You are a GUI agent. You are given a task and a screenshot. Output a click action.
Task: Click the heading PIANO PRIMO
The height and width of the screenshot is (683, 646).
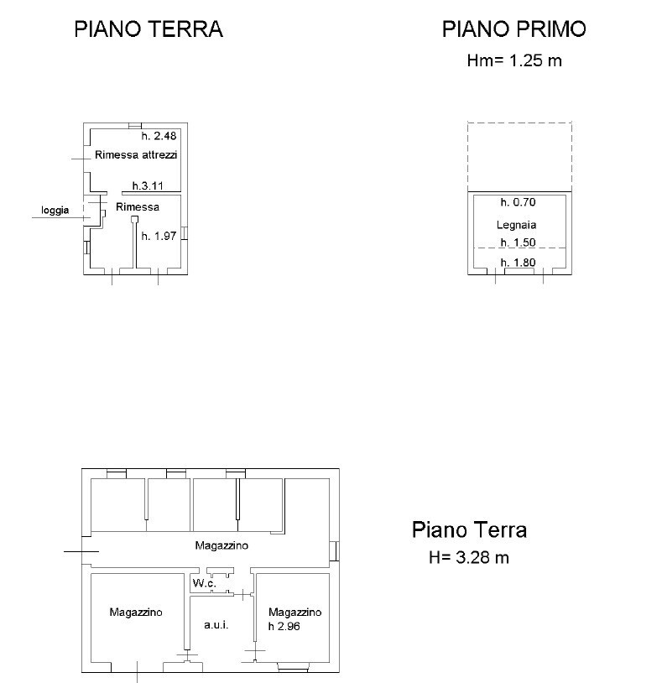coord(513,29)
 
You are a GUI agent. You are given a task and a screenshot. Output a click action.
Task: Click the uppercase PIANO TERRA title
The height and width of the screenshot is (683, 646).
coord(148,29)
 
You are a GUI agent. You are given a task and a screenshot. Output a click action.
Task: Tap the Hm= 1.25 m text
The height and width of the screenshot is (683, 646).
coord(514,61)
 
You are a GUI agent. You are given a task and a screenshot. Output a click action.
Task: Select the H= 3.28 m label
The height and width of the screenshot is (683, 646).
coord(469,557)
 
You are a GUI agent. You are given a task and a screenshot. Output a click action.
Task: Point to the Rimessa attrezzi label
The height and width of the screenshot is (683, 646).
coord(136,155)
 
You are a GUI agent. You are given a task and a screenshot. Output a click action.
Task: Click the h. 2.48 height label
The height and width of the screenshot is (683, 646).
coord(159,136)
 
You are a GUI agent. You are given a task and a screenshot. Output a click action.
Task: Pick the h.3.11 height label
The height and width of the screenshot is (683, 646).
coord(148,185)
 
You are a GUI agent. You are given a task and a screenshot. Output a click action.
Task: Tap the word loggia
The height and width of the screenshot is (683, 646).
coord(55,211)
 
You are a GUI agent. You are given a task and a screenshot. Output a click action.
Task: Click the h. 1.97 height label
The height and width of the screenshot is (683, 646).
coord(159,236)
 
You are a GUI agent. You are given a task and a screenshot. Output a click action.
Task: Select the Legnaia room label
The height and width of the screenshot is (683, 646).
coord(516,225)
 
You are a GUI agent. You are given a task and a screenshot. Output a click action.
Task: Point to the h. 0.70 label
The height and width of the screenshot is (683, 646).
coord(518,202)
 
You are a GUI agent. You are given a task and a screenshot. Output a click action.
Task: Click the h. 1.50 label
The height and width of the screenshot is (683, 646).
coord(518,242)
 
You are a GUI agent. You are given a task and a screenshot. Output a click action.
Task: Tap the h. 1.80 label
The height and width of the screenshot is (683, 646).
coord(518,263)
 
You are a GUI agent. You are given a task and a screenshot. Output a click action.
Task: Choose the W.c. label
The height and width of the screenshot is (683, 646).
coord(205,583)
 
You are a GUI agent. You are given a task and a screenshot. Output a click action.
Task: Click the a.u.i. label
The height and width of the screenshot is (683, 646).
coord(216,625)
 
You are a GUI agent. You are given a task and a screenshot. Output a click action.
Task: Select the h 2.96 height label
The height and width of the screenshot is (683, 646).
coord(284,626)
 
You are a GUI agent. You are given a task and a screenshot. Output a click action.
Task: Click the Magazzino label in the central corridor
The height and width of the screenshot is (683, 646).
coord(221,545)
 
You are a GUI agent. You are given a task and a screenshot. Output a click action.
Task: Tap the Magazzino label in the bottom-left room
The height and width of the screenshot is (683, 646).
coord(136,612)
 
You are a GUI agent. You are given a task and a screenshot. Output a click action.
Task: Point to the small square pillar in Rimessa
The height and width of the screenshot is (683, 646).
coord(134,220)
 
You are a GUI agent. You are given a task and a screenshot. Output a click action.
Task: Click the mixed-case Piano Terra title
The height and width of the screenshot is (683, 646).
coord(469,530)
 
